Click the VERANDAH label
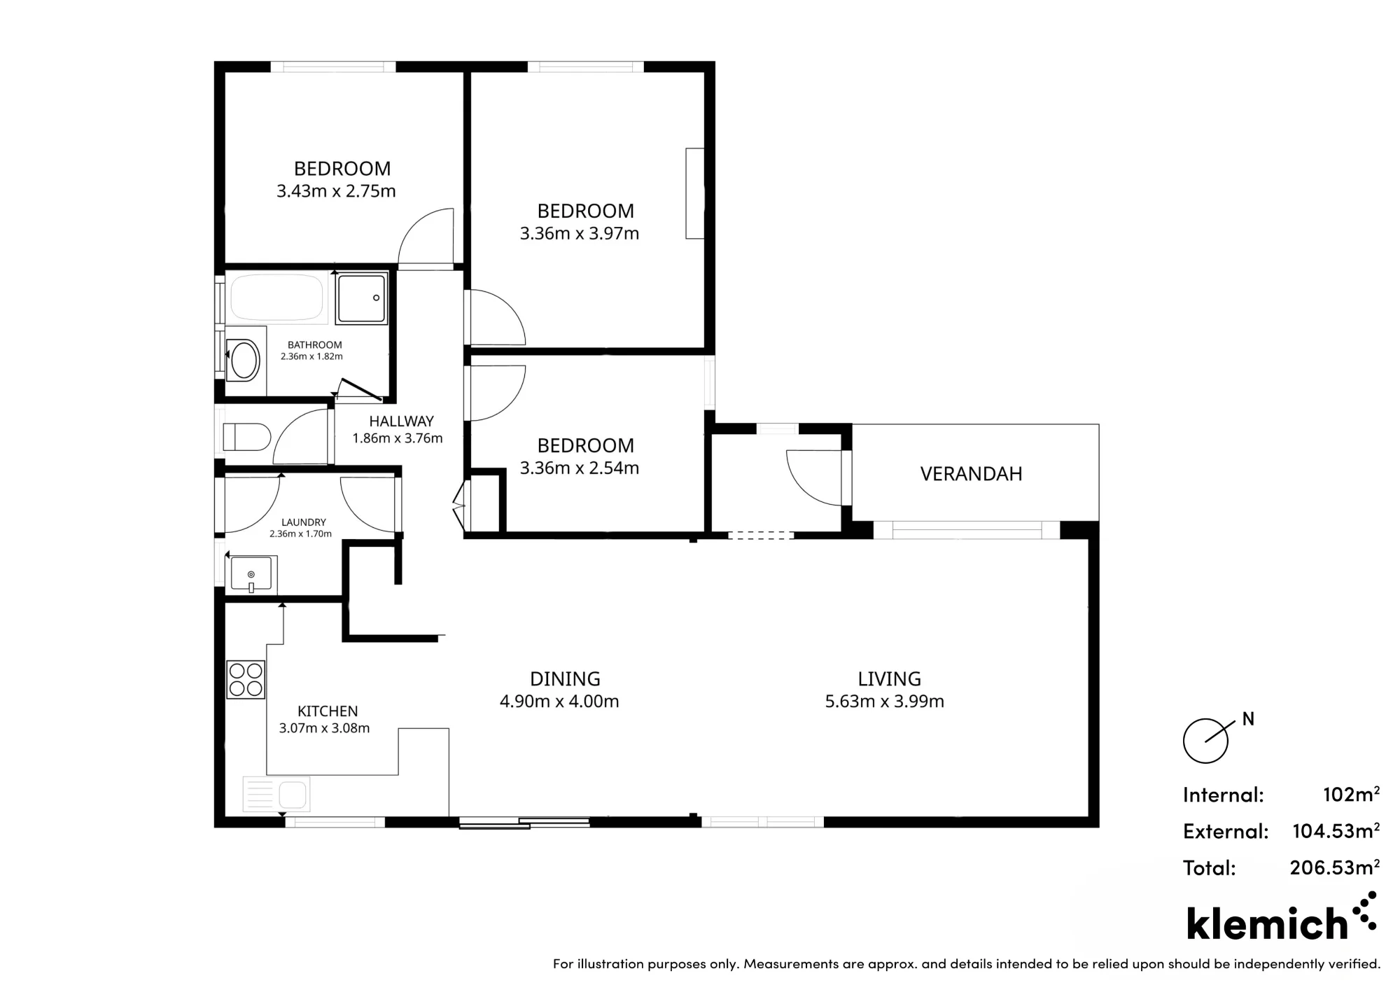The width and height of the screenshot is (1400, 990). pos(971,474)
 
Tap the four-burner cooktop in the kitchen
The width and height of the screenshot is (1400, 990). pos(246,679)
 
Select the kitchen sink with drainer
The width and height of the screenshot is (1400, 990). pos(276,794)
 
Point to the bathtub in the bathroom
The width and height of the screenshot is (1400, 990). pos(277,298)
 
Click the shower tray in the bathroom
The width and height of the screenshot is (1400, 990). pos(361,299)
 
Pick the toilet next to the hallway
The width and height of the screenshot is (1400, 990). pos(246,437)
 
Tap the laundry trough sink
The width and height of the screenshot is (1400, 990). pos(251,574)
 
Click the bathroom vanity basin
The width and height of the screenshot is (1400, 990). pos(244,359)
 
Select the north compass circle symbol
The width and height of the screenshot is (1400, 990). pos(1205,741)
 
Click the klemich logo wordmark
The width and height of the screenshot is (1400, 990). pos(1267,923)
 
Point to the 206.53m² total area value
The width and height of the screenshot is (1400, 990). pos(1335,867)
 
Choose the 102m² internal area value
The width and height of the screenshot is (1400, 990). pos(1352,794)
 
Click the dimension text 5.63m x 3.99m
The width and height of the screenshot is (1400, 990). pos(885,702)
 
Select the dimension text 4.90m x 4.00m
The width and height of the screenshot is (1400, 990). pos(559,702)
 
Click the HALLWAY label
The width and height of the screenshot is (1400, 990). pos(401,421)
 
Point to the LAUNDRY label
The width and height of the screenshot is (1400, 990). pos(304,522)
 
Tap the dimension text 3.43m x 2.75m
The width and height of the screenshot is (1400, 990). pos(336,191)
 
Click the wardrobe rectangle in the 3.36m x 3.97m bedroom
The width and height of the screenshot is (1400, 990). pos(694,193)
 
